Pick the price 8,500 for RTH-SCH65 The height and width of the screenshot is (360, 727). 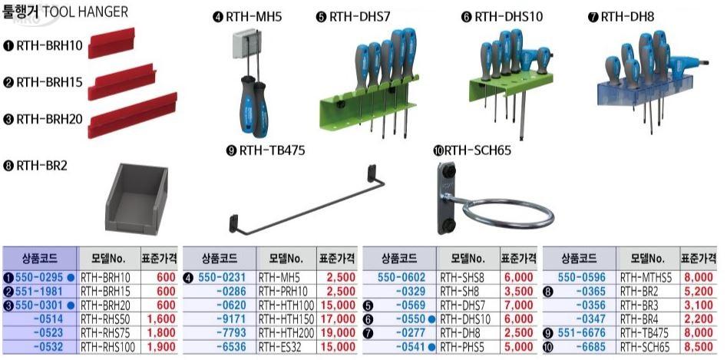pyautogui.click(x=698, y=346)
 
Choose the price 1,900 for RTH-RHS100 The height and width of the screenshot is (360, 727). pyautogui.click(x=161, y=346)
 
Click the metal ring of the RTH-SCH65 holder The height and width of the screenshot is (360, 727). pyautogui.click(x=508, y=213)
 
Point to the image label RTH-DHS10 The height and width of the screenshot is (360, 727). pyautogui.click(x=508, y=17)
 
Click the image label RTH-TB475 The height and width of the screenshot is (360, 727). pyautogui.click(x=273, y=151)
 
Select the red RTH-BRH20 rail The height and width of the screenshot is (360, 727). pyautogui.click(x=132, y=115)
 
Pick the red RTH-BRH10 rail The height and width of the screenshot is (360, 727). pyautogui.click(x=111, y=43)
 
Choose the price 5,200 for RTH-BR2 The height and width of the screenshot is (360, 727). pyautogui.click(x=698, y=292)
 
